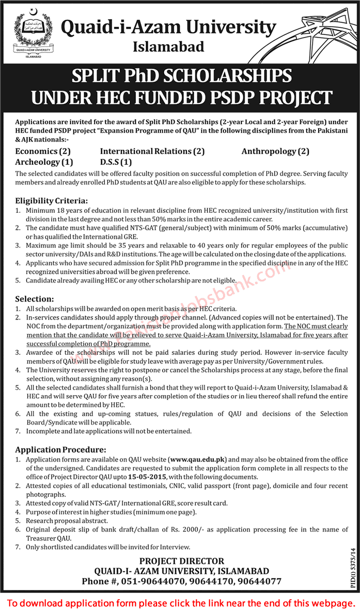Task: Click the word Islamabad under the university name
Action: click(x=169, y=47)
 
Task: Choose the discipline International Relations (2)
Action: click(x=152, y=151)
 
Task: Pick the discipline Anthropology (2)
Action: click(x=275, y=151)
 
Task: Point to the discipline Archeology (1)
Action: click(x=45, y=162)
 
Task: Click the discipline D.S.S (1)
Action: click(x=116, y=162)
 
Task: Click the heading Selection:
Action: click(x=35, y=299)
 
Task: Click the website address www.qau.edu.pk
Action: click(x=198, y=459)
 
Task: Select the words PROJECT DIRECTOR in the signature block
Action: click(x=182, y=561)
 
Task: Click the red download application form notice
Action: click(x=180, y=603)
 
